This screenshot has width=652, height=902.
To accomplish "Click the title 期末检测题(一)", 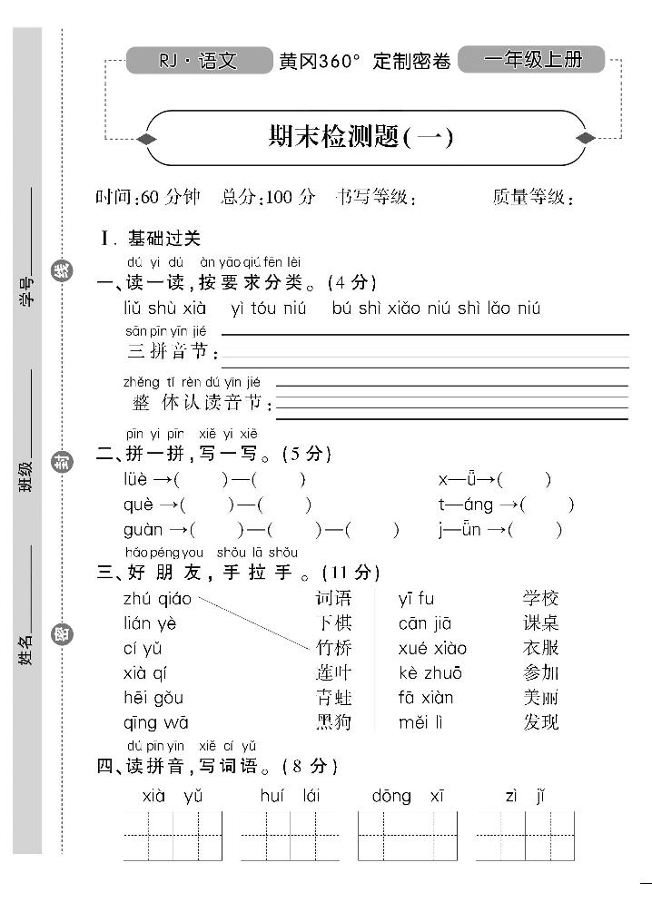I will click(360, 138).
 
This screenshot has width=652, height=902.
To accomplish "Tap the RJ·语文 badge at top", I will click(198, 61).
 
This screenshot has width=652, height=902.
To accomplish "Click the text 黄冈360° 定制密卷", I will click(365, 62).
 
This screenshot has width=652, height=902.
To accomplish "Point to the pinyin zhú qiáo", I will click(157, 598).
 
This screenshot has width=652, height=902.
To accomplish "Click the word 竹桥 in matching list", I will click(333, 648).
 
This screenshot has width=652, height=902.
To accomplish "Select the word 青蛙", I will click(333, 698).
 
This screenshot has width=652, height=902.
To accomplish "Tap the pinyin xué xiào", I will click(432, 648).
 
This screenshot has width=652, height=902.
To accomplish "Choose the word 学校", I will click(540, 598).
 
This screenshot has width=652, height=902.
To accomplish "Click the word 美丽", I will click(540, 698).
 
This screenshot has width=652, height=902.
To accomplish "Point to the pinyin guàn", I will click(143, 530).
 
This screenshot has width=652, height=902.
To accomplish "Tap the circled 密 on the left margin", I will click(61, 634).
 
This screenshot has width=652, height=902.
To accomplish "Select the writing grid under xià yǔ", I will click(173, 836).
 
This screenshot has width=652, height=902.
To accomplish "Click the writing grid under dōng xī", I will click(407, 836).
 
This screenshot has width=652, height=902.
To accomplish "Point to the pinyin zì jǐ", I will click(525, 796).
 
